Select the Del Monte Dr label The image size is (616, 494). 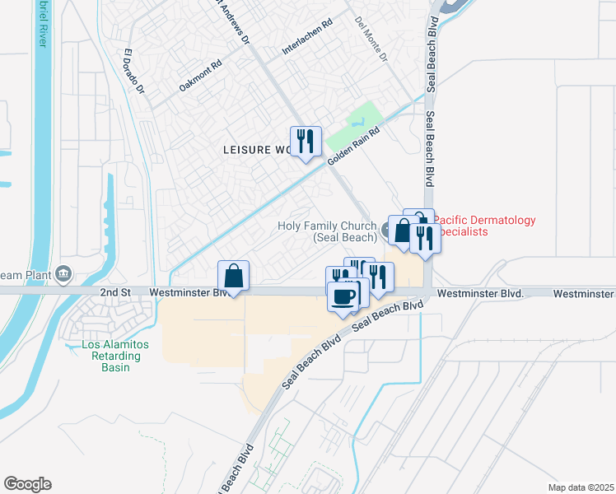click(x=370, y=40)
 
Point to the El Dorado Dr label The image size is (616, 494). click(x=133, y=72)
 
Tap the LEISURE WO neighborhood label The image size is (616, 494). click(x=258, y=150)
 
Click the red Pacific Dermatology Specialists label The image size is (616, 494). click(x=484, y=226)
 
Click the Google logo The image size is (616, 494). click(x=27, y=484)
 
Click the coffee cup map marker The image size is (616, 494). click(x=343, y=296)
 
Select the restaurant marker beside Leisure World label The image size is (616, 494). click(x=305, y=142)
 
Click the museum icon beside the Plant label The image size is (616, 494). click(x=63, y=274)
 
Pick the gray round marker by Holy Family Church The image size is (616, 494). click(x=385, y=228)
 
